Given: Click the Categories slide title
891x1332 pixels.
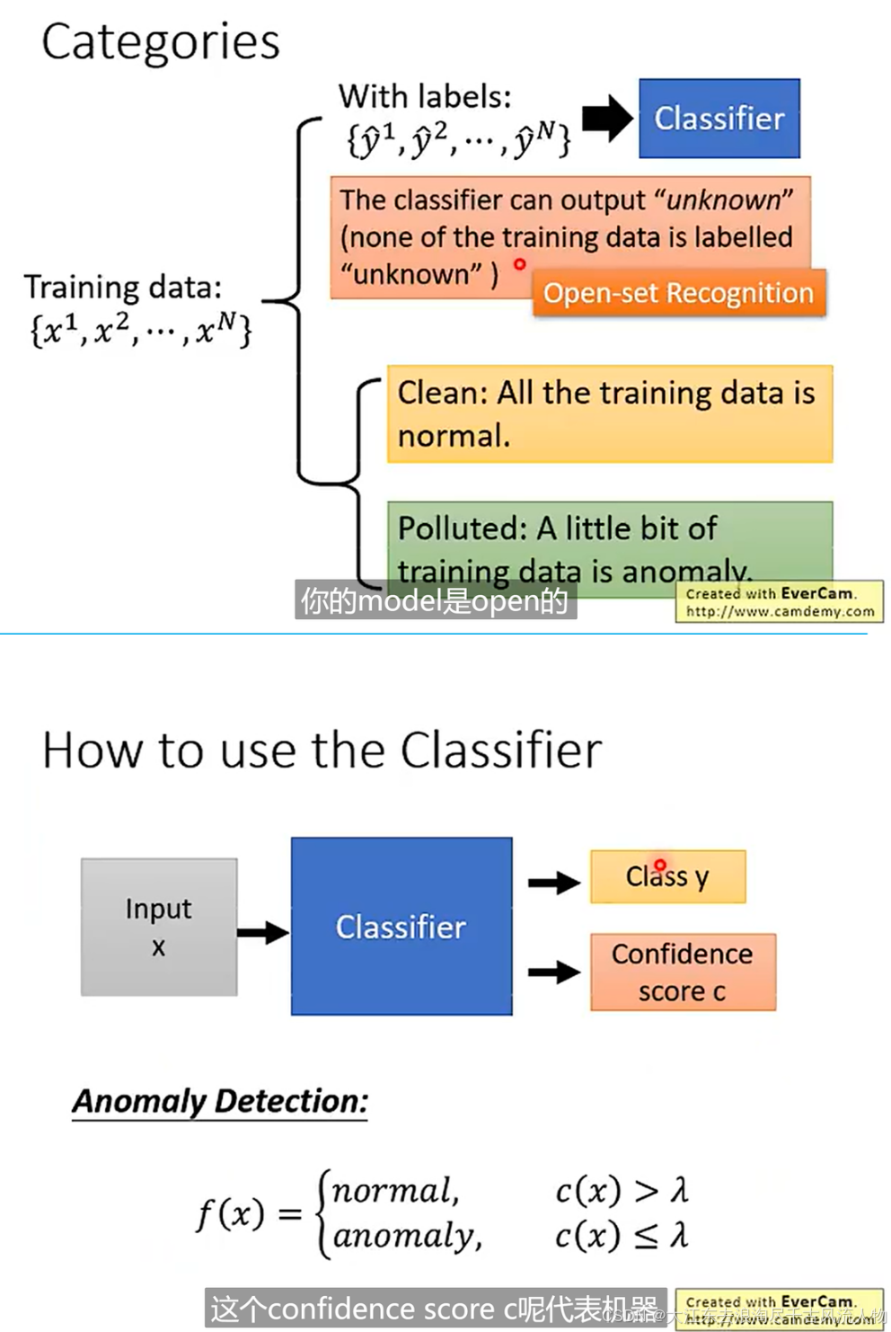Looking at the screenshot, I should pos(160,42).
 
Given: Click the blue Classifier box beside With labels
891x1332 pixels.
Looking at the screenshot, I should pos(719,119).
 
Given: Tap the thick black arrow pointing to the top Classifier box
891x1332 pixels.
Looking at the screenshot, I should pos(607,119).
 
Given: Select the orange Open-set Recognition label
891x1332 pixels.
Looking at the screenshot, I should pos(678,293).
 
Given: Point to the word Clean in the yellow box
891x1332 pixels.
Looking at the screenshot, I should pos(439,393).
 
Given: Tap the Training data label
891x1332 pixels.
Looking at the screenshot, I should pos(122,288).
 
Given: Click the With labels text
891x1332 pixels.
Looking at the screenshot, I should pos(424,96).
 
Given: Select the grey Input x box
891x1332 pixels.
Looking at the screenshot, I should pos(159,927).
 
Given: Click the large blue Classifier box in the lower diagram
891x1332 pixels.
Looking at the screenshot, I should pos(401,927).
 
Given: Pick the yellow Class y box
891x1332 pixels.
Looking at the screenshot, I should pos(667,876).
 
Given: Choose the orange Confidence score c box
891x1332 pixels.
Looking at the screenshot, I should pos(683,972).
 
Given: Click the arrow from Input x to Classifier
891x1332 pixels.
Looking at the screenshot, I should pos(263,932).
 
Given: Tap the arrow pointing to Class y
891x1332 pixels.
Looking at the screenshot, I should pos(553,883).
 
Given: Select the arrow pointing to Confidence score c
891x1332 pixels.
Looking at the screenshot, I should pos(553,972).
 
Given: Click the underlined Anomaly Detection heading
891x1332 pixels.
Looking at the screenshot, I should pos(220,1101).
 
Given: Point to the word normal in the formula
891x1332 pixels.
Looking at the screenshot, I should pos(394,1191).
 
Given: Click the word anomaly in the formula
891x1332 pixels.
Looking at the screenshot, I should pos(406,1236).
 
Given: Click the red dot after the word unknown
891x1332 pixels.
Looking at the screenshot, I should pos(519,264).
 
